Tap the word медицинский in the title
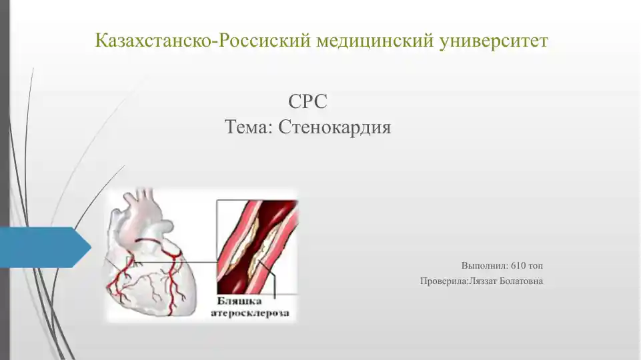pyautogui.click(x=375, y=41)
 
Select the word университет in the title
pyautogui.click(x=494, y=41)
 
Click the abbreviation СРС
pyautogui.click(x=307, y=102)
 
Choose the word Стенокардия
pyautogui.click(x=334, y=126)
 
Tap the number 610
pyautogui.click(x=518, y=265)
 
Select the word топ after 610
pyautogui.click(x=536, y=265)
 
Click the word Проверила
pyautogui.click(x=444, y=281)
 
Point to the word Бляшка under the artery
pyautogui.click(x=237, y=300)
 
